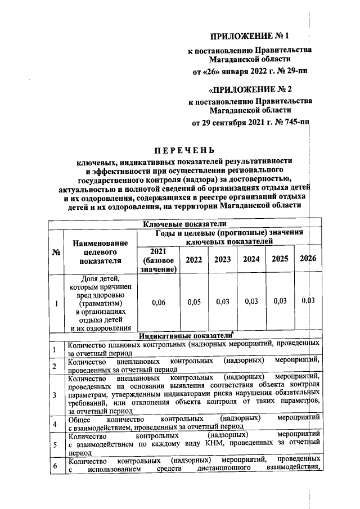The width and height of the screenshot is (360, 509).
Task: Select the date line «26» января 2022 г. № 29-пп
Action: pyautogui.click(x=250, y=71)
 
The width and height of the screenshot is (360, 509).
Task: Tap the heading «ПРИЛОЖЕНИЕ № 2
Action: pyautogui.click(x=250, y=89)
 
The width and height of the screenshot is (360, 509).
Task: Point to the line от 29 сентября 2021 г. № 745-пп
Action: pyautogui.click(x=250, y=123)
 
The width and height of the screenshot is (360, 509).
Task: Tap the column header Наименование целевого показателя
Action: pyautogui.click(x=100, y=251)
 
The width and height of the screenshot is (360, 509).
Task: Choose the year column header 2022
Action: pyautogui.click(x=194, y=259)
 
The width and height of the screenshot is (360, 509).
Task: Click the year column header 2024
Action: pyautogui.click(x=251, y=259)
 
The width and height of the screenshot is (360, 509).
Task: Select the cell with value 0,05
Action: pyautogui.click(x=194, y=302)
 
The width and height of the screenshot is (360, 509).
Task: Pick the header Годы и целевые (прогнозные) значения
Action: pyautogui.click(x=228, y=237)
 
